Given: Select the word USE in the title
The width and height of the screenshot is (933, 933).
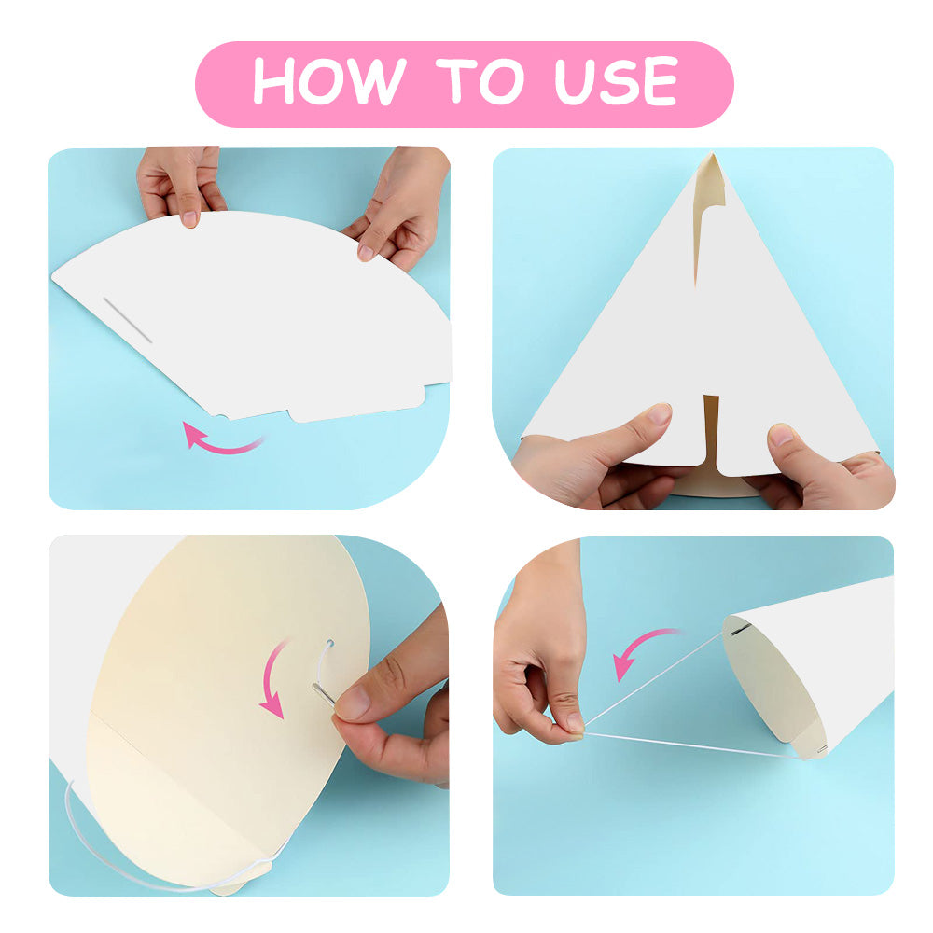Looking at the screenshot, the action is tap(617, 81).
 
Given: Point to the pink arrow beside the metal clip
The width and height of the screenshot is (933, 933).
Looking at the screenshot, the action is tap(275, 678).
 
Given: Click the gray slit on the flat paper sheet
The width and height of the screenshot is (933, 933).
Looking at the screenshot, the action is tap(127, 320).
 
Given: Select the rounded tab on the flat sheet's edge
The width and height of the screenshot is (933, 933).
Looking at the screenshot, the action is tap(357, 405).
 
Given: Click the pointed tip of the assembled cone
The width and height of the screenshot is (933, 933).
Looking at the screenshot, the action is tap(712, 154).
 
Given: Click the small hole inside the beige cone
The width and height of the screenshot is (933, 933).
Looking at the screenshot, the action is tap(330, 643).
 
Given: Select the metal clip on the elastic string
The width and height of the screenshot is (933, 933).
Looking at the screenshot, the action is tap(324, 694).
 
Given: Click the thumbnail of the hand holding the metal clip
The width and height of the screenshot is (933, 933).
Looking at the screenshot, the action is tap(354, 703).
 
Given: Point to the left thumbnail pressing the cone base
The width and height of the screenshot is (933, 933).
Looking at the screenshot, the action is tap(659, 413).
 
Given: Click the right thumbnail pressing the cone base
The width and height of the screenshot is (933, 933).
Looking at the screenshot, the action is tap(780, 435).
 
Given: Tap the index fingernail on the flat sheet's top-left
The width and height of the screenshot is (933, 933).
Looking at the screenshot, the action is tap(189, 219).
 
